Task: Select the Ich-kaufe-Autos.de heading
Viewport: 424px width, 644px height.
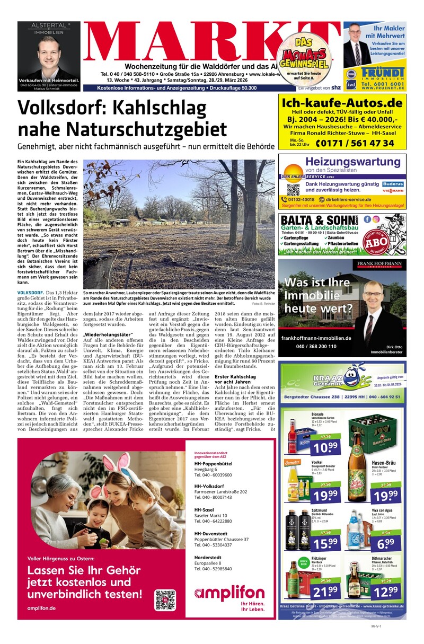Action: pos(342,103)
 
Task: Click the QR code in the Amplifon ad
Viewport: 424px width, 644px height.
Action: pos(165,599)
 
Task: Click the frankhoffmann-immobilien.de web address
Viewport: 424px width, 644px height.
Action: pos(316,338)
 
